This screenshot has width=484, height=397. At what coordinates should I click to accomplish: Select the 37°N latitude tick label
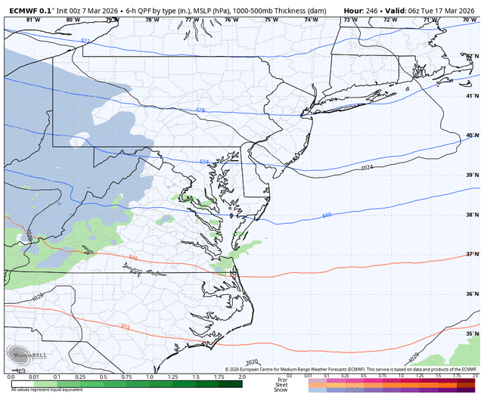[473, 254]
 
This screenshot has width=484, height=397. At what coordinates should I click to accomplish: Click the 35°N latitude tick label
[473, 333]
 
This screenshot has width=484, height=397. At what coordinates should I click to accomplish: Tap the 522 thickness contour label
[85, 40]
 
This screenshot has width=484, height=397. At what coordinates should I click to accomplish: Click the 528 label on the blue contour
[200, 110]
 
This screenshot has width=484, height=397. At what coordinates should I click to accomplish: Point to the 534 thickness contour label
[204, 162]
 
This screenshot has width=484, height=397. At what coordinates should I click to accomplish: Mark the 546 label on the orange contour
[134, 259]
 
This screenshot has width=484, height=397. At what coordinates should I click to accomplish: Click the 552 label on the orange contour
[125, 327]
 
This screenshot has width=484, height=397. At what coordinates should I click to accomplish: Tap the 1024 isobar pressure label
[367, 167]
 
